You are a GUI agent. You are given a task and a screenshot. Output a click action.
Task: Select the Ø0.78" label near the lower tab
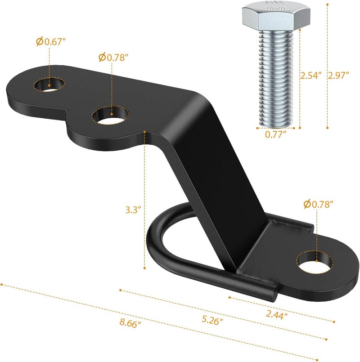(x=318, y=205)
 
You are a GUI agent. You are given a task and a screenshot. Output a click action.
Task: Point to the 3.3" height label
(x=134, y=209)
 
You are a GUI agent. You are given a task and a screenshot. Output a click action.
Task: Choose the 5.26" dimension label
(x=210, y=321)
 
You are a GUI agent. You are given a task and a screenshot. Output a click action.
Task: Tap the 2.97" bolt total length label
(x=339, y=76)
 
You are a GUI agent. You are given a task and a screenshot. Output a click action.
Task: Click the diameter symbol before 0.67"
(x=40, y=41)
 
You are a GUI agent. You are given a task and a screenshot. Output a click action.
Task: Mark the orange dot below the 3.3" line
(x=145, y=268)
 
